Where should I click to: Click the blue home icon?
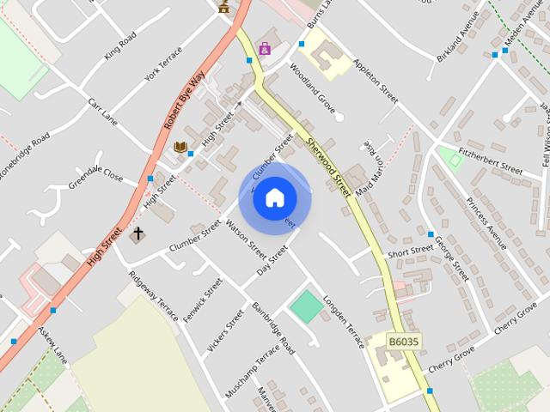[x=274, y=198]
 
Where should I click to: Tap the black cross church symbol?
[x=136, y=233]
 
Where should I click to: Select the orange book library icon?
[x=180, y=147]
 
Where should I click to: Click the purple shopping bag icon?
[x=264, y=49]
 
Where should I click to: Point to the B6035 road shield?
[x=403, y=342]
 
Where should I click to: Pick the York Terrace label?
[x=164, y=62]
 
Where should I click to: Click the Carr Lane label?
[x=102, y=111]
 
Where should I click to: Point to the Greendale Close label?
[x=96, y=174]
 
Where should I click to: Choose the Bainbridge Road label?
[x=272, y=329]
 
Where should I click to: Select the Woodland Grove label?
[x=312, y=86]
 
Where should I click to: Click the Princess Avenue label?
[x=486, y=222]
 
